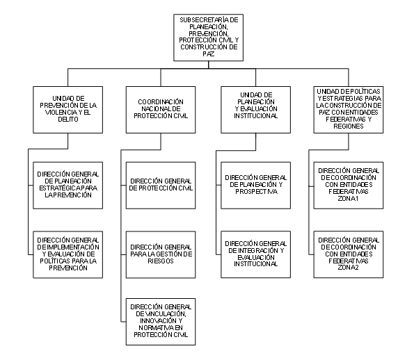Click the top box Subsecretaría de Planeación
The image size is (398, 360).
coord(208,38)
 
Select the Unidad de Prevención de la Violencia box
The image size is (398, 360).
coord(67,110)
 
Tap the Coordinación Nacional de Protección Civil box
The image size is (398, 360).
coord(161,110)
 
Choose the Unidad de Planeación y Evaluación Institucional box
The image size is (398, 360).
coord(255,110)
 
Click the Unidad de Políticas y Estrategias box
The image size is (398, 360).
coord(349,110)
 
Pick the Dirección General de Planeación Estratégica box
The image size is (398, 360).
coord(67,186)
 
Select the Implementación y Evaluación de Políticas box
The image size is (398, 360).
coord(67,254)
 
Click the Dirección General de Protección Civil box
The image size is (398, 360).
coord(161,186)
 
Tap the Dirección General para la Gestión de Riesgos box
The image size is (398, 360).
coord(161,254)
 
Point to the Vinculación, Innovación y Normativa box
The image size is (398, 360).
coord(161,322)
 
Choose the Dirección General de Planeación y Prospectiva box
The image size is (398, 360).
coord(255,186)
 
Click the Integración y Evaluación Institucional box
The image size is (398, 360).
coord(255,254)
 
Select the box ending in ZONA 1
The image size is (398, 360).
coord(349,186)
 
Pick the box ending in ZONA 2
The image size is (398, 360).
coord(349,254)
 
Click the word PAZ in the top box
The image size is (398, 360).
coord(208,54)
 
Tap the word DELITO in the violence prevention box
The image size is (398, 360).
coord(68,119)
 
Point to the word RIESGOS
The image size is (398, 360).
coord(161,261)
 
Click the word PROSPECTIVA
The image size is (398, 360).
coord(256,192)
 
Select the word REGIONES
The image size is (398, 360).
coord(349,126)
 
